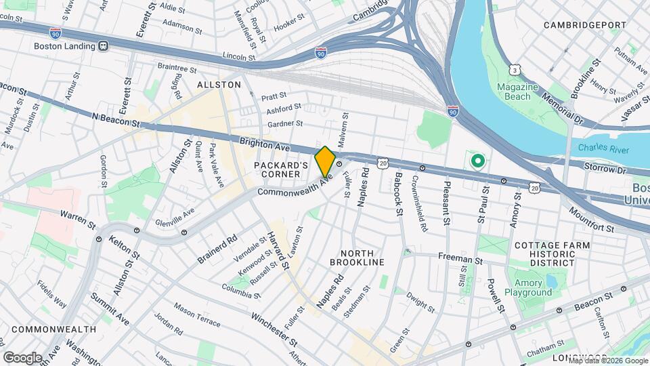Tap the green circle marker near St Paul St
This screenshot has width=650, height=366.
477,161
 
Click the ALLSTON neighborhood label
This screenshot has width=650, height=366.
219,85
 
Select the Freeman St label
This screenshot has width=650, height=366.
460,258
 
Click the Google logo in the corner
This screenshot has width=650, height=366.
22,357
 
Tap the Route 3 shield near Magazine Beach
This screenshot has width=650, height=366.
516,69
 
